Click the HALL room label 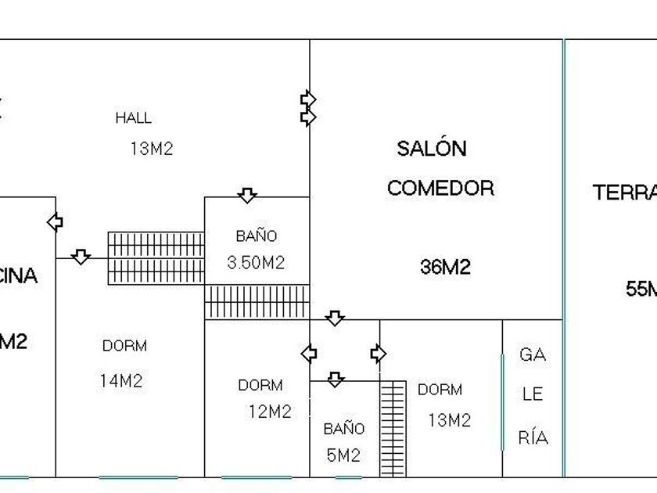click(x=134, y=118)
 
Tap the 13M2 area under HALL click(x=152, y=149)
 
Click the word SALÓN click(x=432, y=148)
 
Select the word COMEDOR click(x=440, y=189)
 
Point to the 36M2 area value click(x=445, y=267)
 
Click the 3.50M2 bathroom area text click(x=256, y=263)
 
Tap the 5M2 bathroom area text click(x=342, y=455)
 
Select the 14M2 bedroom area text click(x=121, y=381)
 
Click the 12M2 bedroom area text click(x=270, y=412)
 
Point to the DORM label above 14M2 click(x=124, y=346)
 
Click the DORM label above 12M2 click(x=260, y=385)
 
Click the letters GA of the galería click(x=533, y=355)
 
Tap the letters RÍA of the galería click(x=533, y=438)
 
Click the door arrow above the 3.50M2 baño click(x=248, y=195)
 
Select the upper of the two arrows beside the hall click(x=309, y=99)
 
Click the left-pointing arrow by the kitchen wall click(x=56, y=222)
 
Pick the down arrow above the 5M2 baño click(x=336, y=380)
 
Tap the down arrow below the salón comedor click(x=335, y=318)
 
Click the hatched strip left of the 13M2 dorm click(x=393, y=428)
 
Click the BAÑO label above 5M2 click(x=344, y=428)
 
